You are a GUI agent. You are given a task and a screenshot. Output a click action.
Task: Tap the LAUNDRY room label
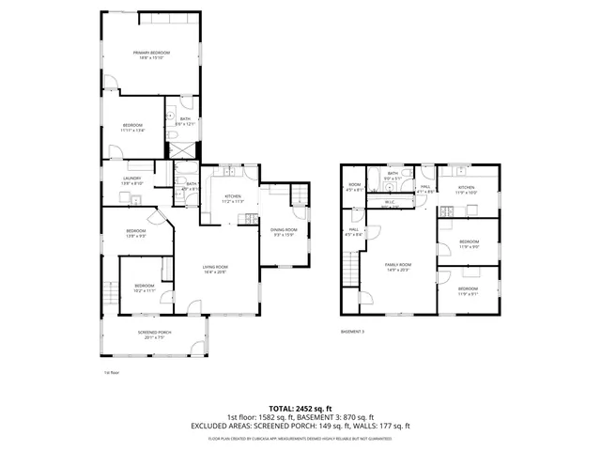(131, 179)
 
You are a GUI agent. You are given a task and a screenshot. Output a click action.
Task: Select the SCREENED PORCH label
(153, 332)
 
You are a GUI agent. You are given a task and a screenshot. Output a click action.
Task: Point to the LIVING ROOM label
(216, 268)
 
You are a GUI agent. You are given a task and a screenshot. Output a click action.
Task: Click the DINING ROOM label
(284, 230)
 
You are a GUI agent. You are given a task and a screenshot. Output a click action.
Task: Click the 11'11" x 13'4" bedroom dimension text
(131, 131)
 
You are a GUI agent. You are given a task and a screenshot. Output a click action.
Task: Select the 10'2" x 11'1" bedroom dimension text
(144, 291)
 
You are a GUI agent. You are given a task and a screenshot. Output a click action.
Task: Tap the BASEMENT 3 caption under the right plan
(352, 332)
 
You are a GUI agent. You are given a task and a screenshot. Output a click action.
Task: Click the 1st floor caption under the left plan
(111, 373)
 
